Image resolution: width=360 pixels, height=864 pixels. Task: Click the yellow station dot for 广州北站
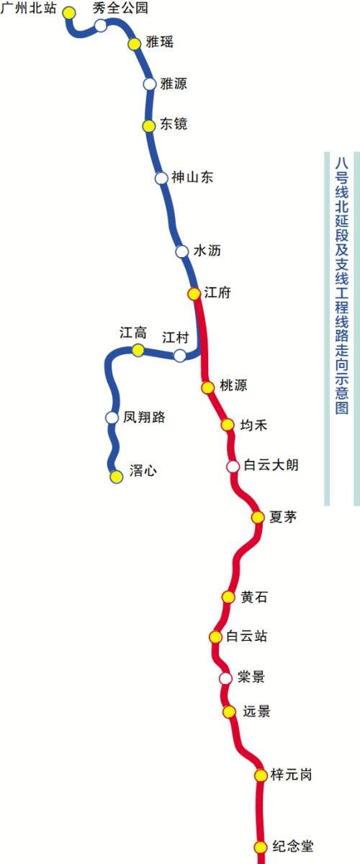click(x=69, y=13)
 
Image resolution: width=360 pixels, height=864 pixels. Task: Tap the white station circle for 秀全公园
click(x=101, y=26)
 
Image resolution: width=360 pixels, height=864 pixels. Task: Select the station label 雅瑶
click(x=159, y=42)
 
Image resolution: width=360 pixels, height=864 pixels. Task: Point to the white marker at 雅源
click(x=150, y=84)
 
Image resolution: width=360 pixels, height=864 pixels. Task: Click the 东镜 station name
click(x=174, y=124)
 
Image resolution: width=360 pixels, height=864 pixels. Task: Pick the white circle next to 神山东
click(x=161, y=179)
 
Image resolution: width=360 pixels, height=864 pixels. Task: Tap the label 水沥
click(x=207, y=251)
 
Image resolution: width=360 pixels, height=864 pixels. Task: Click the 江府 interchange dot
click(x=194, y=294)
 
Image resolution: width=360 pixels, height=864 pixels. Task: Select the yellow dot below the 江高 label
click(x=138, y=350)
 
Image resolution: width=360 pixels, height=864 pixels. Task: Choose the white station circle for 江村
click(x=180, y=355)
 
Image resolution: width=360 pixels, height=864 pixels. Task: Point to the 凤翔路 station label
click(x=144, y=417)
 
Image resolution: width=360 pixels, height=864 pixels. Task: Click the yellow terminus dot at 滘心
click(x=116, y=477)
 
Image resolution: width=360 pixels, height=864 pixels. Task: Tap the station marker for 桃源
click(x=207, y=387)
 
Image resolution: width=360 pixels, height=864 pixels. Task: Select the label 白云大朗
click(x=271, y=465)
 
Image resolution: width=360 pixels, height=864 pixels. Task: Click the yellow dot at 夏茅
click(x=258, y=517)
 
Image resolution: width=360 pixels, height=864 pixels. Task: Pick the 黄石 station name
click(x=254, y=597)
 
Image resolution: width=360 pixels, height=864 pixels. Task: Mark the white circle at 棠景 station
click(x=225, y=678)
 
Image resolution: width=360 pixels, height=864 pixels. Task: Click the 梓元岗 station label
click(x=292, y=775)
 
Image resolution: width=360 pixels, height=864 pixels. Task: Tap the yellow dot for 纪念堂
click(x=261, y=847)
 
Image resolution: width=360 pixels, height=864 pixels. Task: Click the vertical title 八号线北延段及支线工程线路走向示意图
click(x=342, y=285)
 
